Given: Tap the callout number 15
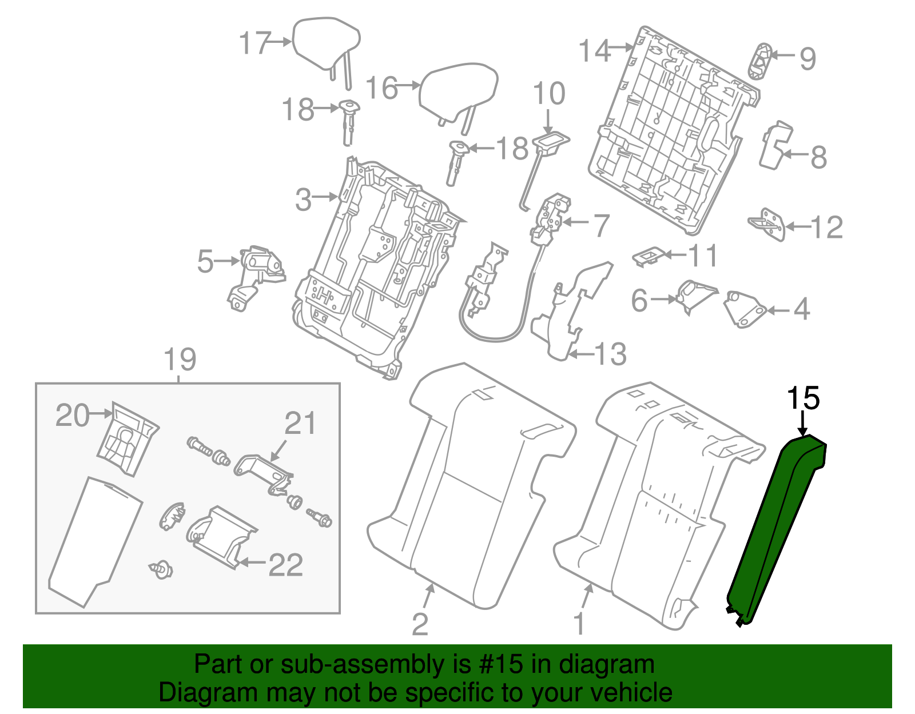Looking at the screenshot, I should click(x=803, y=398).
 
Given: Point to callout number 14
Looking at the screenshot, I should click(x=595, y=51).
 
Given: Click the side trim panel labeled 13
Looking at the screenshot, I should click(x=569, y=309).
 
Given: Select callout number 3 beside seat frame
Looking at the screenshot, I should click(x=304, y=200).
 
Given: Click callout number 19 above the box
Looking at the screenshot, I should click(x=180, y=360).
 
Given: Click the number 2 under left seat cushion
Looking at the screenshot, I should click(x=420, y=624).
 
